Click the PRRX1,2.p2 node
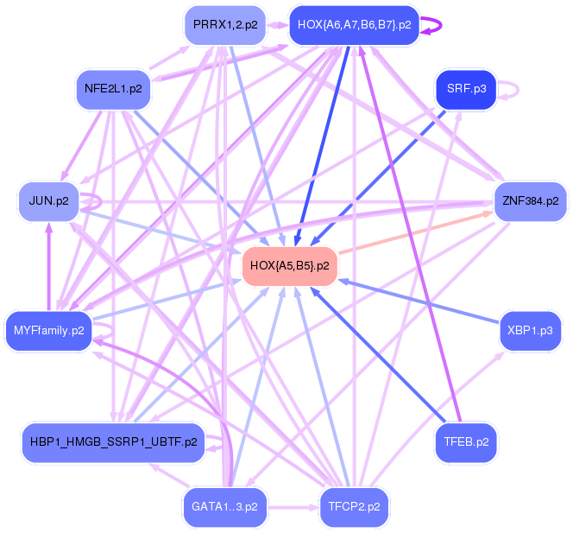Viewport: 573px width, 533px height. coord(225,25)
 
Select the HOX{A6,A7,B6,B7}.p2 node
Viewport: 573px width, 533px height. coord(354,25)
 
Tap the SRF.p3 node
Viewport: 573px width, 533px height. coord(466,89)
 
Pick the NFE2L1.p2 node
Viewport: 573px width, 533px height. coord(113,88)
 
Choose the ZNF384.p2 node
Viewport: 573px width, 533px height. coord(529,201)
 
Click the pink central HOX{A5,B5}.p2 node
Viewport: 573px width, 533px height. coord(289,265)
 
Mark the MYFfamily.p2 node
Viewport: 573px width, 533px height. coord(48,329)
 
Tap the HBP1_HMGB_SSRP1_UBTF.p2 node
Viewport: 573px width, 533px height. coord(113,441)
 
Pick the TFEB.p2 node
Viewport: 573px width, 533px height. coord(466,441)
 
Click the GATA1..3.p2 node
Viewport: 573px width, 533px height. coord(224,506)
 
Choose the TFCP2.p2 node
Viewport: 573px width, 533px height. coord(354,506)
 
